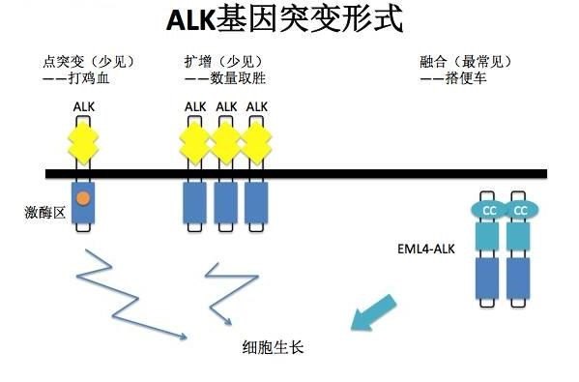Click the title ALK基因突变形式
pos(272,21)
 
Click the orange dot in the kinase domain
pos(84,199)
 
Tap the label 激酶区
pos(44,211)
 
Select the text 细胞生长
pos(274,345)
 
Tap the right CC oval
pos(521,209)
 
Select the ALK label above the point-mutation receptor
pos(84,105)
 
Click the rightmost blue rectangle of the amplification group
pos(256,203)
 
